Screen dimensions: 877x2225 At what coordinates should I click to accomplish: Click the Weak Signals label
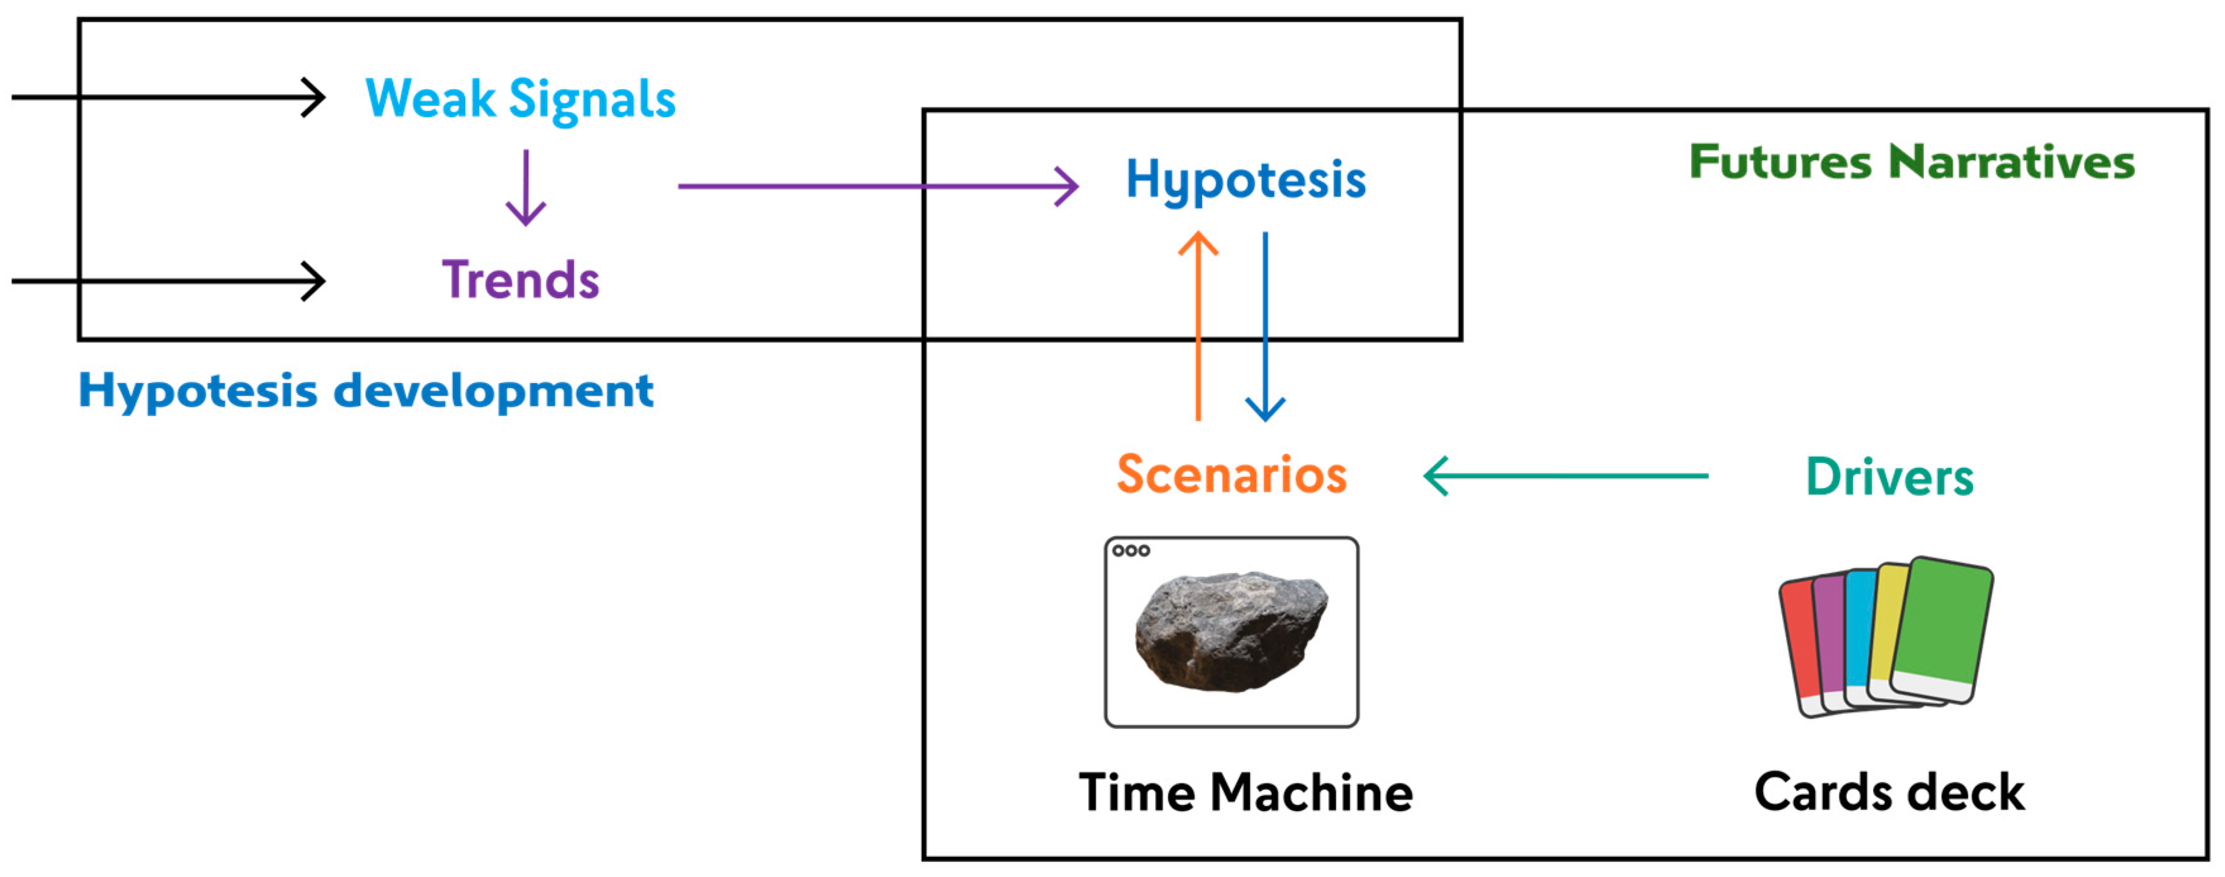point(520,99)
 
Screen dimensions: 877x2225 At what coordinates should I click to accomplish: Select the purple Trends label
point(520,280)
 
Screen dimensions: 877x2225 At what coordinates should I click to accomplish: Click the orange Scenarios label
point(1232,474)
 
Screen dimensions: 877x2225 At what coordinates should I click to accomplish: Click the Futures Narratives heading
point(1912,162)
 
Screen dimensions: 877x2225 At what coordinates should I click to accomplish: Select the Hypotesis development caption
point(365,391)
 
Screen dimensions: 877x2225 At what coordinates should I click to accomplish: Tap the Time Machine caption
point(1246,792)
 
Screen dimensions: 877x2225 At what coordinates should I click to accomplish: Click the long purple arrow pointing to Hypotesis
point(876,186)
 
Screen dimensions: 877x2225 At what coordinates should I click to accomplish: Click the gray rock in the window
point(1231,631)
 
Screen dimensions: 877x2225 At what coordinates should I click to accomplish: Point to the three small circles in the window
point(1131,550)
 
